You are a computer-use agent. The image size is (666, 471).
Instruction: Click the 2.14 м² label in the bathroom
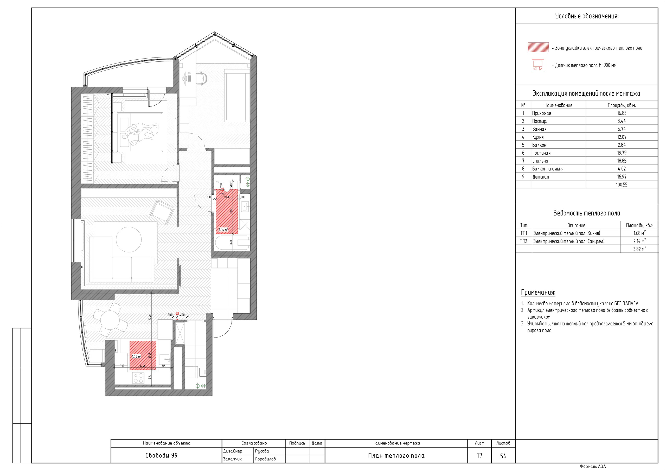[x=223, y=230]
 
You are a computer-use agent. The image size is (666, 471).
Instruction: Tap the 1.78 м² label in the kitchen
[x=136, y=356]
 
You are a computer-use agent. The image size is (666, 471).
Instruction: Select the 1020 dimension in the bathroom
[x=227, y=197]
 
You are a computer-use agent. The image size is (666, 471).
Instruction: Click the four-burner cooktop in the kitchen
[x=138, y=378]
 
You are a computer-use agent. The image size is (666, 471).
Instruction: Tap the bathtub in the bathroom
[x=232, y=243]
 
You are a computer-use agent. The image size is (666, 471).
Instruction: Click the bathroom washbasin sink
[x=245, y=207]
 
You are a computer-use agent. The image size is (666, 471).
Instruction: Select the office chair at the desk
[x=201, y=78]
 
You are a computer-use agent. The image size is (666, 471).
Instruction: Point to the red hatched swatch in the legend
[x=538, y=47]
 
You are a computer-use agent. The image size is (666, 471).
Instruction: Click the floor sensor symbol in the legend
[x=537, y=65]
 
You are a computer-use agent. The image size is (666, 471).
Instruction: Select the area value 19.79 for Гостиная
[x=622, y=153]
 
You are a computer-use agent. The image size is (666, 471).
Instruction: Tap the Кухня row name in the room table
[x=538, y=137]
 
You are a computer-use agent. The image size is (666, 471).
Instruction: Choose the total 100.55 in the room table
[x=622, y=184]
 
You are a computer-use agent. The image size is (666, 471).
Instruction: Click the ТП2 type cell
[x=524, y=241]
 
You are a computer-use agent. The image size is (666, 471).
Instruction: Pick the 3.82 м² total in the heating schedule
[x=639, y=249]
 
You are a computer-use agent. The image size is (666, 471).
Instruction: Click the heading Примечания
[x=538, y=292]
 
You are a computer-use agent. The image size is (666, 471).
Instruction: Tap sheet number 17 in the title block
[x=479, y=456]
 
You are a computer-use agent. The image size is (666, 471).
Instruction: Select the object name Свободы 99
[x=161, y=456]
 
